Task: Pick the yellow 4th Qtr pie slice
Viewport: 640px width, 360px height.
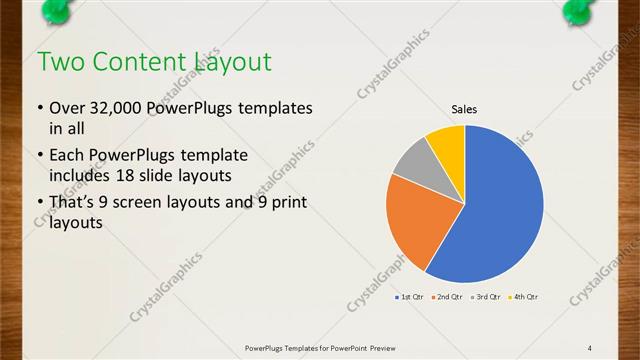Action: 447,145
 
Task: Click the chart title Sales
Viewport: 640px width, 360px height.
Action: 464,109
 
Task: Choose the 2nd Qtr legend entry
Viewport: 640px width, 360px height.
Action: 447,297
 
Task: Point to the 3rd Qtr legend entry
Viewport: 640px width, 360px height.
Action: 485,297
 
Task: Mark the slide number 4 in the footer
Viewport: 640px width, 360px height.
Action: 590,347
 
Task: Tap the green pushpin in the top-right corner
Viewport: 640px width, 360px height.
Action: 581,9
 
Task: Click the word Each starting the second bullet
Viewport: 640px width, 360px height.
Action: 68,156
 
